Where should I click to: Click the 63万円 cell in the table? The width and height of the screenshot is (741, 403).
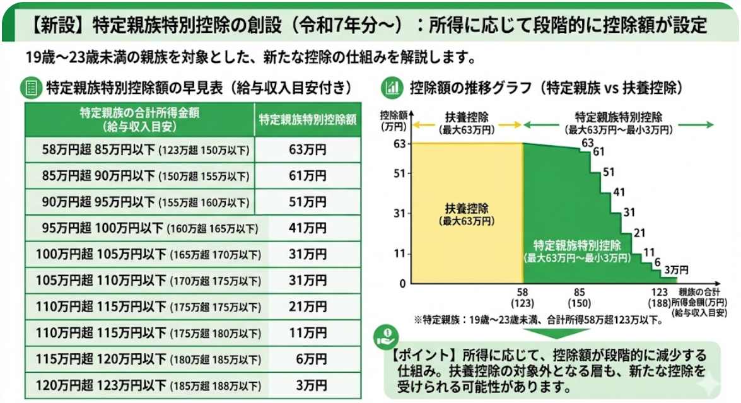coord(308,149)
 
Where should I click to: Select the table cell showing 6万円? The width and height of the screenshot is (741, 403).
coord(312,359)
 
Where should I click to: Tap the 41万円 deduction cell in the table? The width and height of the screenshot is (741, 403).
coord(308,228)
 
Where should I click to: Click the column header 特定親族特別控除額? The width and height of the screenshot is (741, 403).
coord(308,120)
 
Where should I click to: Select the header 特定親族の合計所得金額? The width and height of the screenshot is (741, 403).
coord(139,113)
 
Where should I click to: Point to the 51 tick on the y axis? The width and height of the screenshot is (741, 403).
coord(400,174)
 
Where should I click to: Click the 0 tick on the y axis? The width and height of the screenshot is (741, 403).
coord(402,284)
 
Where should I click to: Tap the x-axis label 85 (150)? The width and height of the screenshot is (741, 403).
coord(580,298)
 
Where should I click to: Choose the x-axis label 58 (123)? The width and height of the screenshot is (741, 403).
coord(522,298)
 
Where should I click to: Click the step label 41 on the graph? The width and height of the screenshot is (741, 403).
coord(619,192)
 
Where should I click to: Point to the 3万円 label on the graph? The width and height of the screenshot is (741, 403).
coord(676,270)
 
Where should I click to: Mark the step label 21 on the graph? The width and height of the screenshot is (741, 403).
coord(639,233)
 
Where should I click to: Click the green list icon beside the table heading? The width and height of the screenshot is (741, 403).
coord(32,88)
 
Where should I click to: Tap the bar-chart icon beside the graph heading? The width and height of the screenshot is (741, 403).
coord(392,88)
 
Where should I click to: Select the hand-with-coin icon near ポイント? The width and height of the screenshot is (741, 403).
coord(386,336)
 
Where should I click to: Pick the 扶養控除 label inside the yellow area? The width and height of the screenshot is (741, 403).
coord(467,208)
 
